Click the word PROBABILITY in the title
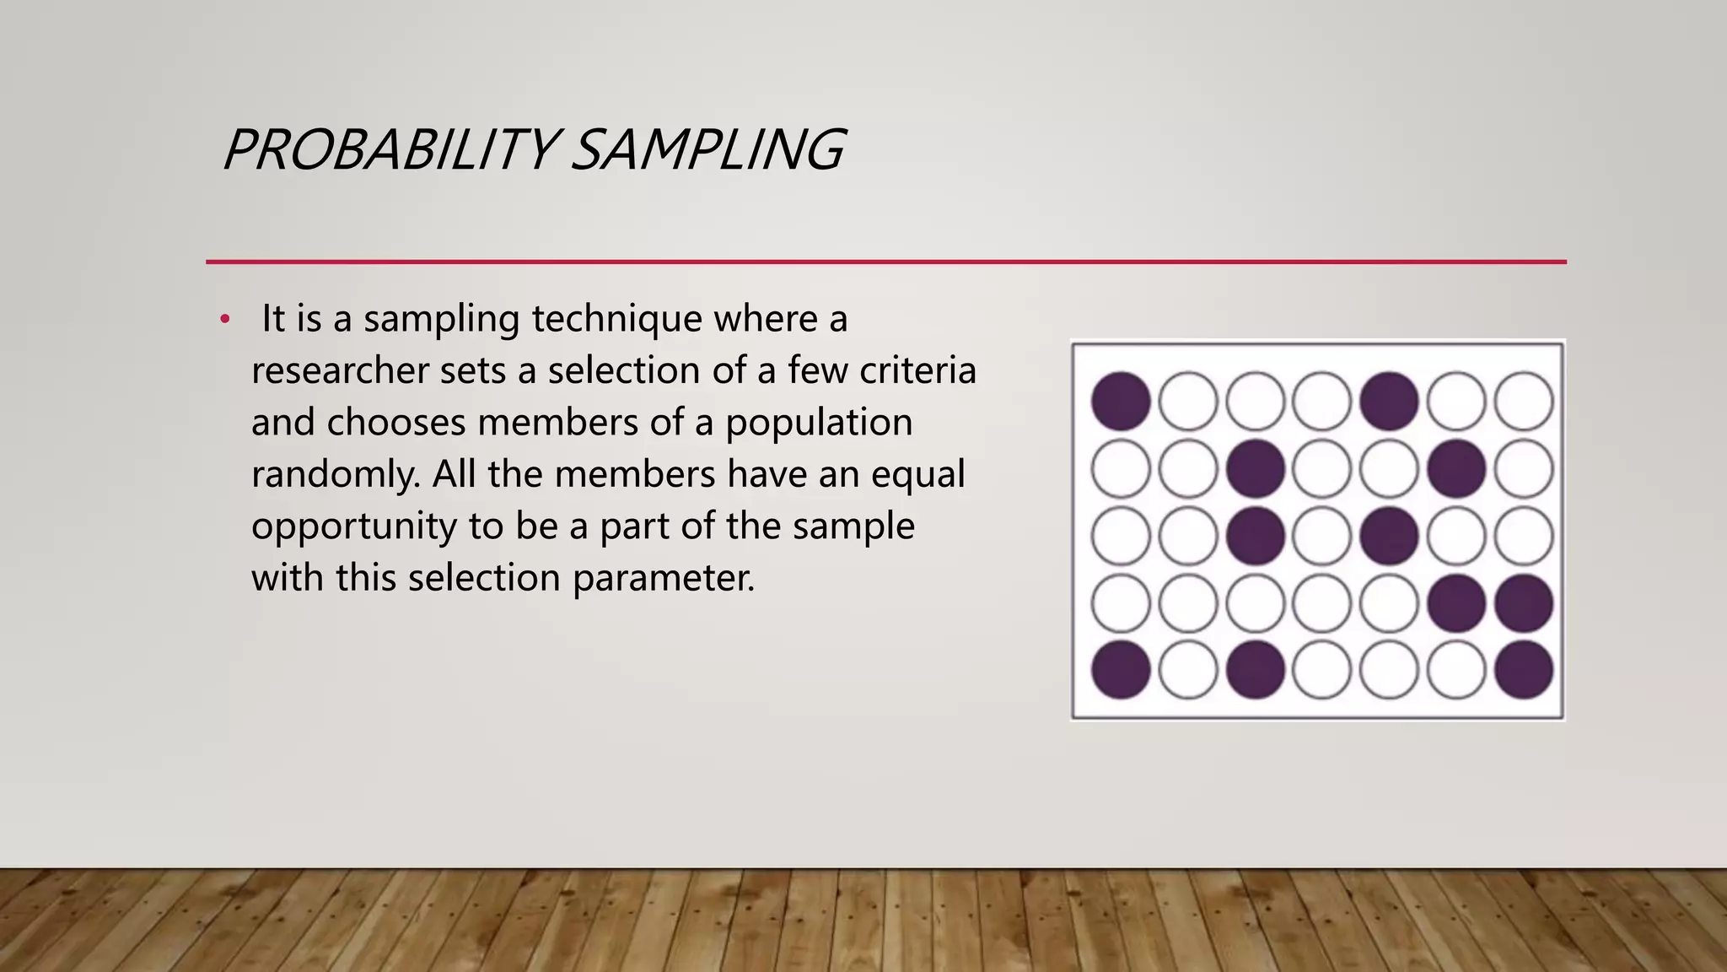389,150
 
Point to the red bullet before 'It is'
224,320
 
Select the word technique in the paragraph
616,319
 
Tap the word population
819,424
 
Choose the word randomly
336,475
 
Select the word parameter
663,579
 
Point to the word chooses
396,423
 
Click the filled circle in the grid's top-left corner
1121,402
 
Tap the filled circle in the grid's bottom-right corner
1524,671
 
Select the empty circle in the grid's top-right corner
1524,402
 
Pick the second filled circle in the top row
1389,402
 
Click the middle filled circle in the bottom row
1255,671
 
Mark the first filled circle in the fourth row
1456,603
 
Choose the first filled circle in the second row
1255,468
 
